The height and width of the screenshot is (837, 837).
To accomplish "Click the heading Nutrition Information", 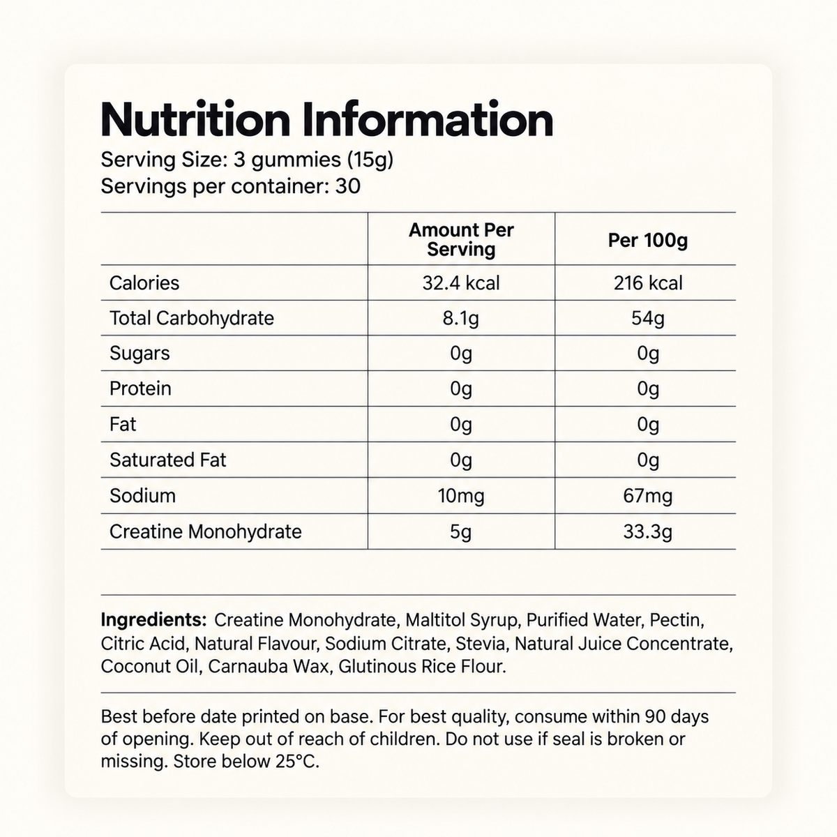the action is tap(326, 119).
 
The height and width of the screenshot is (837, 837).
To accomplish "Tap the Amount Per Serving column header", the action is tap(461, 239).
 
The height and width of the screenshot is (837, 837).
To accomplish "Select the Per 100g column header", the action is tap(647, 240).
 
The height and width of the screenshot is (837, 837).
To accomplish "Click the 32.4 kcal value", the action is tap(461, 283).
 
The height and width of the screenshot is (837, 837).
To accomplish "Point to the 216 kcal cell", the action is tap(647, 283).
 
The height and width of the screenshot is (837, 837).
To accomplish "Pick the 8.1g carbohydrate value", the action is tap(461, 318).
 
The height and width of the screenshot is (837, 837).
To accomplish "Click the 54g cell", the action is tap(647, 318).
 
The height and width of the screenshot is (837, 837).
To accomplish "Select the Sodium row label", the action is tap(142, 496).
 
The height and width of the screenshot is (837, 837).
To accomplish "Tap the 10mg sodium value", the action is tap(461, 496).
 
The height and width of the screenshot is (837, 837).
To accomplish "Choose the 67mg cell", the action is tap(647, 496).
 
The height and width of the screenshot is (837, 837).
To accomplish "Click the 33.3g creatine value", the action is tap(647, 531).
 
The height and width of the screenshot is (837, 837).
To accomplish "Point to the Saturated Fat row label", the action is tap(167, 460).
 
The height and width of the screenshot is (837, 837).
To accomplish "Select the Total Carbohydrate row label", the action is tap(192, 318).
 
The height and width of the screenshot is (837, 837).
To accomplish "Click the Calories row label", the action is tap(144, 283).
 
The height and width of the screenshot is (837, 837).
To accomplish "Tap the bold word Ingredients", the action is tap(153, 620).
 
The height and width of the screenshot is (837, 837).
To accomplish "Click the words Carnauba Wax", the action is tap(268, 667).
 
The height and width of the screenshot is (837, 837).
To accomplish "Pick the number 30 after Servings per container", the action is tap(348, 187).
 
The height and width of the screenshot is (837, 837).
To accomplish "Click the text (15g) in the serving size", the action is tap(370, 160).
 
